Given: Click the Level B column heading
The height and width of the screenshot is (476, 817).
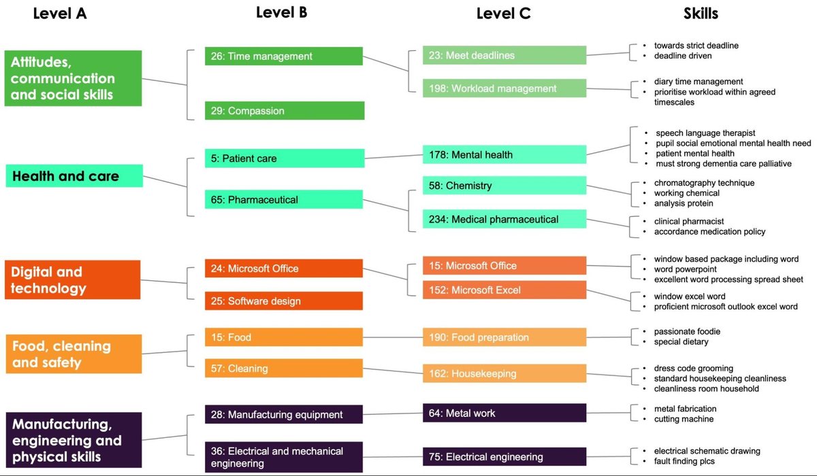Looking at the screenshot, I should tap(281, 12).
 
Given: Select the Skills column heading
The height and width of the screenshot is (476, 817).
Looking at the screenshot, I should tap(701, 13).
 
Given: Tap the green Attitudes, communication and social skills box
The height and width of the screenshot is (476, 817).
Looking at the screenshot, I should tap(73, 78).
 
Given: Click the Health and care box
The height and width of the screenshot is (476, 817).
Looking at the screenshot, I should tap(74, 176).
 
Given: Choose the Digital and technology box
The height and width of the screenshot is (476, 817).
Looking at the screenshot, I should tap(72, 279).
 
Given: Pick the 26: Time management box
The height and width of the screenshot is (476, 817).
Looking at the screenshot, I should tap(284, 56).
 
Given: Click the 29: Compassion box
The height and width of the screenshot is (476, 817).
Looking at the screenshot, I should tap(284, 111).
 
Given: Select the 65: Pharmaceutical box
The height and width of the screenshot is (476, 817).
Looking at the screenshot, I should tap(284, 200).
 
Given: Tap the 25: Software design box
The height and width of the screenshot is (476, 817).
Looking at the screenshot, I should tap(284, 301).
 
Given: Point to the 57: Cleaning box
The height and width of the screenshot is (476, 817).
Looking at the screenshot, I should tap(284, 369).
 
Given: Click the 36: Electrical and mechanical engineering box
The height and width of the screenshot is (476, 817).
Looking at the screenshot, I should tap(284, 457).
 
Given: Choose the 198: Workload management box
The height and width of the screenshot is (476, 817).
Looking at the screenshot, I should tap(504, 88).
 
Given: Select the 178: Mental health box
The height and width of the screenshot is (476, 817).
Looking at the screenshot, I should tap(504, 154).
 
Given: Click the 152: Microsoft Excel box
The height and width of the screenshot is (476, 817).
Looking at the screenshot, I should tap(504, 290).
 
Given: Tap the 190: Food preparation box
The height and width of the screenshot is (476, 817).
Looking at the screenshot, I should tap(504, 337).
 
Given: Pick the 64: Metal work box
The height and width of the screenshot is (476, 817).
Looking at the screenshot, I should tap(504, 413).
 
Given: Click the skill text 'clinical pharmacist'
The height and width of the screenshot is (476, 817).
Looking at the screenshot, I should tap(689, 221).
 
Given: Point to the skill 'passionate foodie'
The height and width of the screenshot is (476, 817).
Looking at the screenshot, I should tap(687, 331).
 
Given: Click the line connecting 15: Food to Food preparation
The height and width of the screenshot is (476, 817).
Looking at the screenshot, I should tap(393, 337).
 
